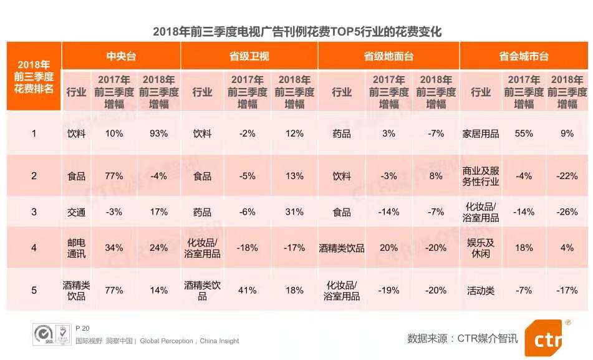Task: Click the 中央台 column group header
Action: (x=121, y=56)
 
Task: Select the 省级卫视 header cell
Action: (x=249, y=56)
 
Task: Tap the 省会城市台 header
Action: (x=523, y=56)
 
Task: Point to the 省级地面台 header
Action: (x=388, y=56)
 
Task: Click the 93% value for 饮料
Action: (x=158, y=134)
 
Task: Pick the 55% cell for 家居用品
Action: (x=524, y=134)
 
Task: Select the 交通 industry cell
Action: (x=76, y=212)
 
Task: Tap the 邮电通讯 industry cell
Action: (x=76, y=248)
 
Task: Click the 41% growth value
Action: (x=247, y=290)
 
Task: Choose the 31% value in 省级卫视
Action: (x=294, y=212)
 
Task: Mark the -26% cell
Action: (x=567, y=212)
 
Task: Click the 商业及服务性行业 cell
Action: (x=481, y=176)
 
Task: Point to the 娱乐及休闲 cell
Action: (x=481, y=248)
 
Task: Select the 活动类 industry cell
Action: (x=481, y=290)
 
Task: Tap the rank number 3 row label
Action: (x=34, y=212)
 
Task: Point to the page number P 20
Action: (x=82, y=329)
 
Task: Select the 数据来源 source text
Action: (x=462, y=339)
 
